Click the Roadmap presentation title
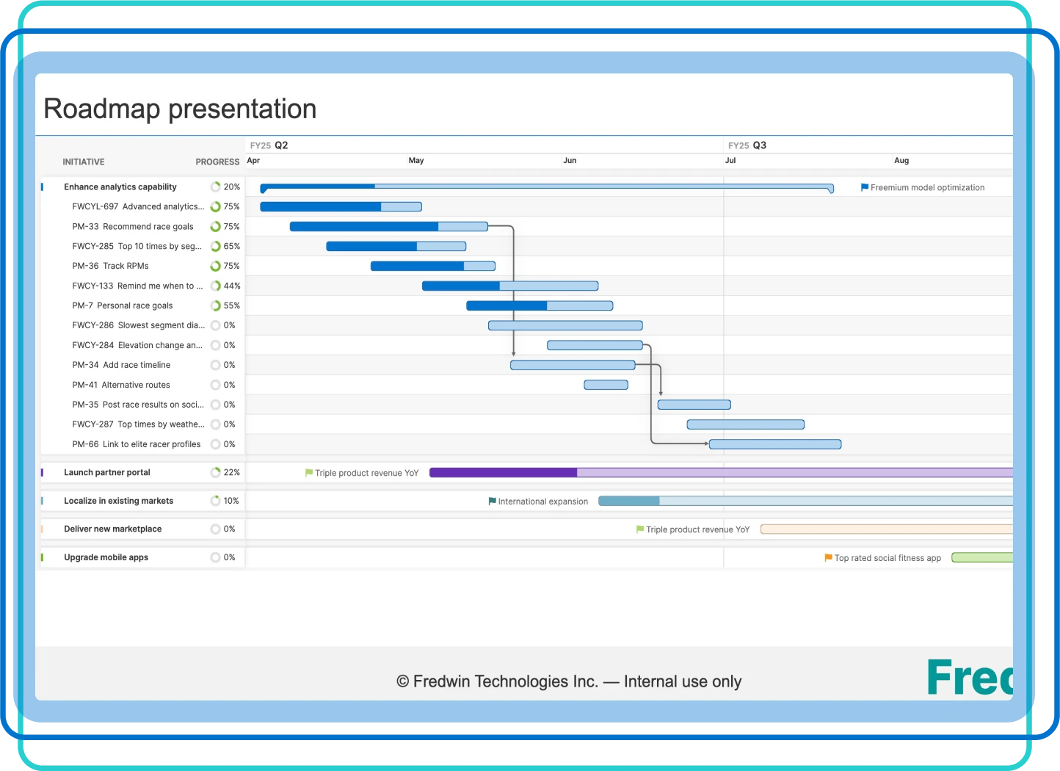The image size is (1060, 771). point(180,109)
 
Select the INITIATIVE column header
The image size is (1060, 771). point(83,162)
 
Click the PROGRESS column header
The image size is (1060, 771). point(217,162)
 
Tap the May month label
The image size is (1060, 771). point(416,160)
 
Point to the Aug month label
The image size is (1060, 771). point(901,160)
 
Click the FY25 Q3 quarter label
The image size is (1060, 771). point(747,145)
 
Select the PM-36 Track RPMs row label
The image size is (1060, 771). point(110,266)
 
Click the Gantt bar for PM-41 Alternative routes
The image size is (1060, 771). point(606,385)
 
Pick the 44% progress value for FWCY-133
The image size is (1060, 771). point(232,286)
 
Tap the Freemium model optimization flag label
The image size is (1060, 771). point(927,188)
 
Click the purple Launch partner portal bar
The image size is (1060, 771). point(719,473)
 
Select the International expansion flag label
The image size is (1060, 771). point(542,502)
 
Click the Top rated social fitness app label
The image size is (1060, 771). point(887,558)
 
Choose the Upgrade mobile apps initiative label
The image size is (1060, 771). point(106,557)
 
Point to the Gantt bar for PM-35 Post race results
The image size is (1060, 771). point(694,405)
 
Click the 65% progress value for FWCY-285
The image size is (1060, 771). point(232,246)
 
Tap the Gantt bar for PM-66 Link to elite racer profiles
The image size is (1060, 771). point(774,444)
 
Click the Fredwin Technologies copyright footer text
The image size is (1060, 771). point(569,681)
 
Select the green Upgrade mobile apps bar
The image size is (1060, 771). point(981,558)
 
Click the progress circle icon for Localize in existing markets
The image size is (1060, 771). point(215,501)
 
